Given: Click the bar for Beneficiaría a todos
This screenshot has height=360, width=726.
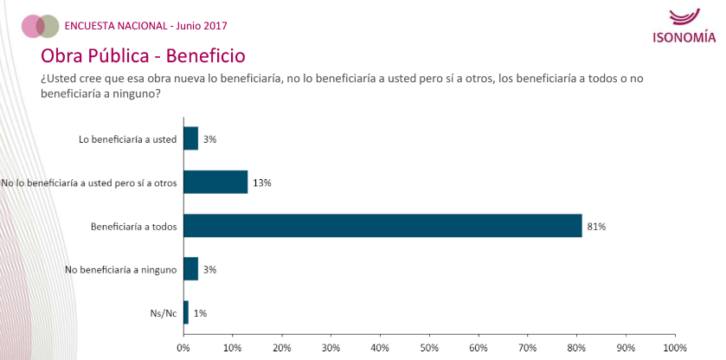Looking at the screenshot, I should [x=382, y=226].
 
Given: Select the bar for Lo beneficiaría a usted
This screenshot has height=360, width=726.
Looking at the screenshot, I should [x=191, y=138].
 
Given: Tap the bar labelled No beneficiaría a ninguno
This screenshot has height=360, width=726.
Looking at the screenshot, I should [x=191, y=269].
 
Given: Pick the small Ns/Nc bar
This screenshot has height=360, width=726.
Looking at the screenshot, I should [x=186, y=312].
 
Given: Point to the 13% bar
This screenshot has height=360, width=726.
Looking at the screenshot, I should [x=215, y=182].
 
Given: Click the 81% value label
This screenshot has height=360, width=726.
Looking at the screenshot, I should [x=596, y=227].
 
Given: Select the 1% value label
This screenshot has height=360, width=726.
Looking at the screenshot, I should [x=201, y=313].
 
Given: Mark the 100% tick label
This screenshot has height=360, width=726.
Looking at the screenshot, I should [x=673, y=347].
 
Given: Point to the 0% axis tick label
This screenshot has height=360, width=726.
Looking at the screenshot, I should [x=183, y=347].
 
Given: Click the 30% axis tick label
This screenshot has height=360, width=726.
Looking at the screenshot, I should [x=331, y=347].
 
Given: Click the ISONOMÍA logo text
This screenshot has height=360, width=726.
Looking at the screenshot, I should [x=684, y=37].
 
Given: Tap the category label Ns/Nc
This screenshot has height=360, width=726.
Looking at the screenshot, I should [x=164, y=313].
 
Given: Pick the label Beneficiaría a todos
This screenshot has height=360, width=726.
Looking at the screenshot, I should [x=134, y=227].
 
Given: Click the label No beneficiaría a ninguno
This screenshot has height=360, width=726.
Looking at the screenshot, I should [x=121, y=270].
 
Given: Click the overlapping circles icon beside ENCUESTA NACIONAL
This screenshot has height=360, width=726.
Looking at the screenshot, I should [x=40, y=26].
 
